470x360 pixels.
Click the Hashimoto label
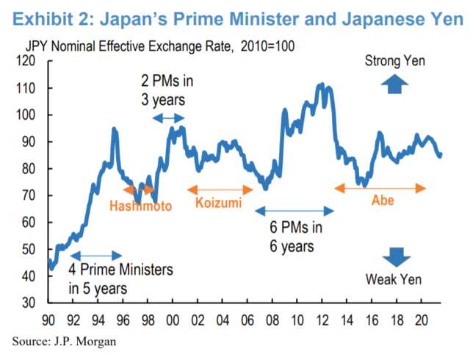pos(140,206)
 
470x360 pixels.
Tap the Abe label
pos(381,201)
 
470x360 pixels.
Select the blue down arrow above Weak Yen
pos(395,256)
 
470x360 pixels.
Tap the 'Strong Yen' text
pos(394,61)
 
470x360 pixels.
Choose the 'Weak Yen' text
pos(394,279)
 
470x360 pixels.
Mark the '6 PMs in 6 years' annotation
pos(294,237)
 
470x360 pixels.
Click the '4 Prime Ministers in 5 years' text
pos(120,278)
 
